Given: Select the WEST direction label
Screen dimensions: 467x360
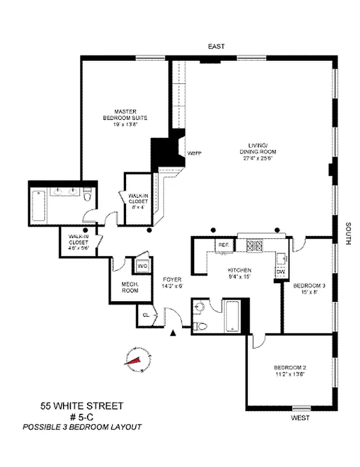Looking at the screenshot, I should pyautogui.click(x=300, y=418).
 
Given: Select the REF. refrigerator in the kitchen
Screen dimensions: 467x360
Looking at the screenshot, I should pyautogui.click(x=222, y=246).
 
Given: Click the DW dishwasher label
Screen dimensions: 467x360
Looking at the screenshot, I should pyautogui.click(x=280, y=271).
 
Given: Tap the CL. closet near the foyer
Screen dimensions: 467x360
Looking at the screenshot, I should pyautogui.click(x=145, y=316).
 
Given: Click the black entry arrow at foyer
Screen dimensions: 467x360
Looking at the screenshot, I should pyautogui.click(x=173, y=333).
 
